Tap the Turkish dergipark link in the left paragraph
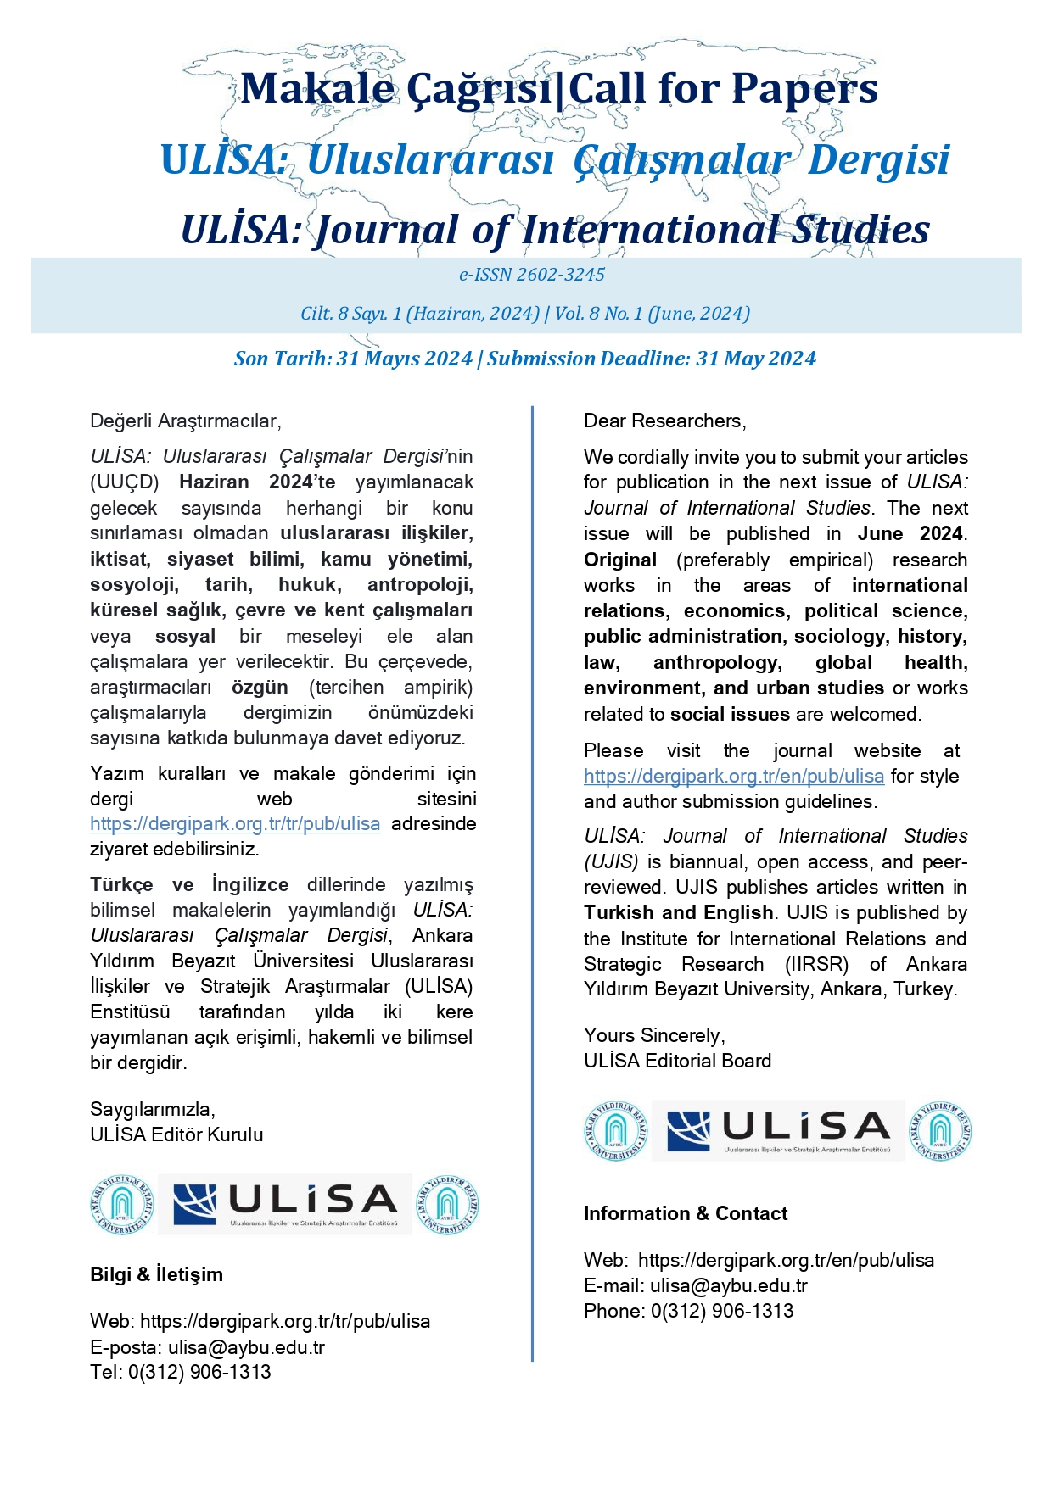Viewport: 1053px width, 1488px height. (x=235, y=824)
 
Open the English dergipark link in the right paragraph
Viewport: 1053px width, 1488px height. (x=733, y=777)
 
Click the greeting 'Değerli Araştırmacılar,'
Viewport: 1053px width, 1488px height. (x=185, y=421)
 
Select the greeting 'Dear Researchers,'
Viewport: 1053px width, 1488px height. (x=664, y=421)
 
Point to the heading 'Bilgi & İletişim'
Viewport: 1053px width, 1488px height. (x=156, y=1274)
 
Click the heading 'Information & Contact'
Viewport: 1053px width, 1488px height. (x=685, y=1213)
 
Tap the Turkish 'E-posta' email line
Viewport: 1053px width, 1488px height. (x=207, y=1347)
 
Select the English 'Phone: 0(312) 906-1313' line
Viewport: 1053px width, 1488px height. (x=688, y=1311)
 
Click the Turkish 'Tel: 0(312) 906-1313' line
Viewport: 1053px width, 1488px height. (x=180, y=1372)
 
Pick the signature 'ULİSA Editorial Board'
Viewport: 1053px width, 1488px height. (x=677, y=1061)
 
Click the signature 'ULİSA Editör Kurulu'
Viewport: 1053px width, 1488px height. (x=176, y=1134)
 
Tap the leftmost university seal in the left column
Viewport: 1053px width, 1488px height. (x=122, y=1204)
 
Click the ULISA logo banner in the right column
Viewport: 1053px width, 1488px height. (x=778, y=1131)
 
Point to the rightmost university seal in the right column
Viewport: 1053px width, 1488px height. (x=940, y=1131)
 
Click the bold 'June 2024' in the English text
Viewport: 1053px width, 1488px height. (x=910, y=534)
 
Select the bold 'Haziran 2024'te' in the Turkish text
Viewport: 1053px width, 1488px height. (x=257, y=482)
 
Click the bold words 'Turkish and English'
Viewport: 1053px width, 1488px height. (x=678, y=913)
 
